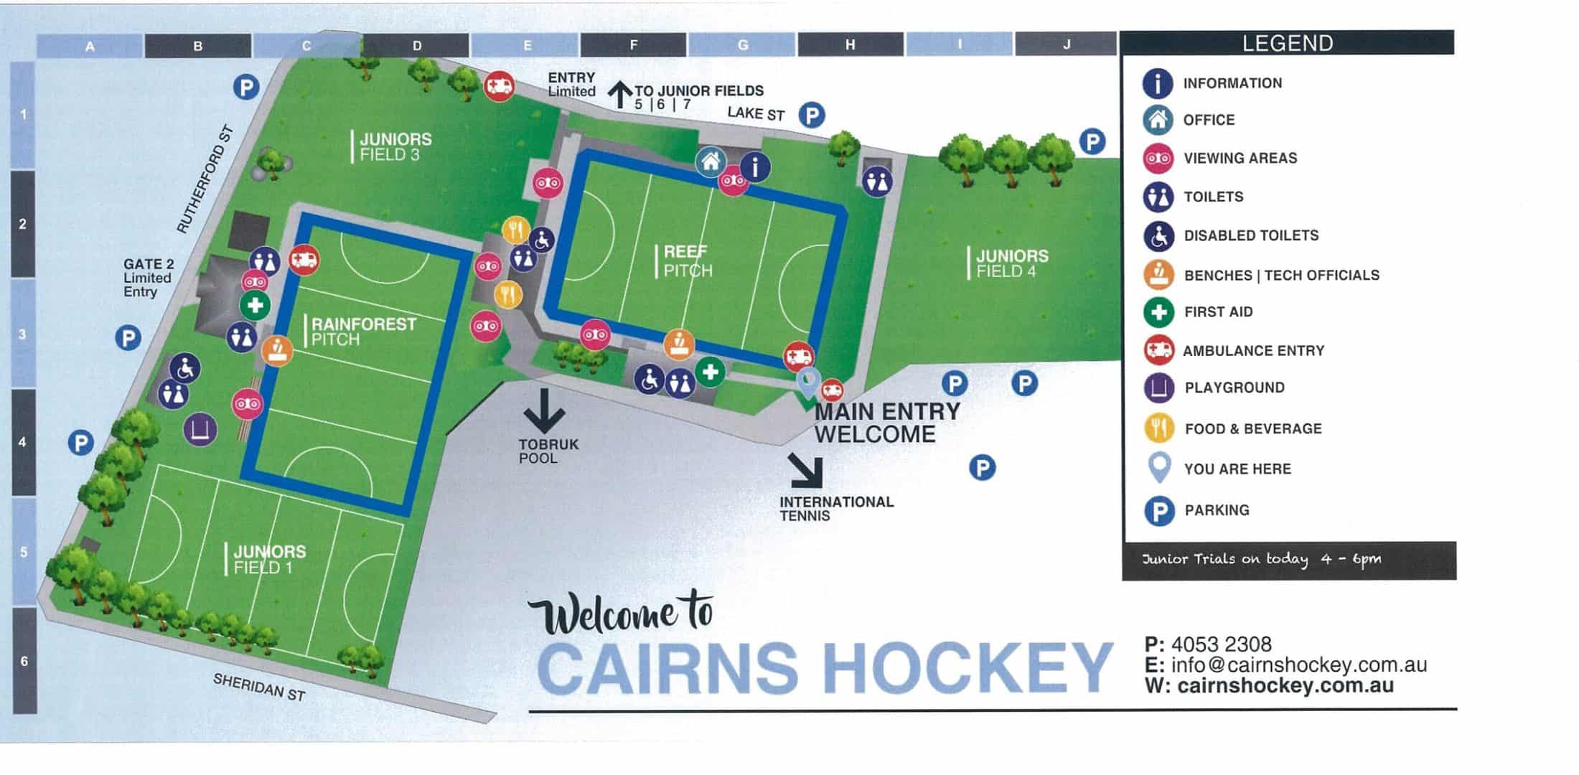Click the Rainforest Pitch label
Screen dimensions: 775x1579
[363, 332]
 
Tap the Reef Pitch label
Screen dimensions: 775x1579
[688, 261]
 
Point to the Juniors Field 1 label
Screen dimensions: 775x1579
[269, 560]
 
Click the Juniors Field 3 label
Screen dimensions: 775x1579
[395, 147]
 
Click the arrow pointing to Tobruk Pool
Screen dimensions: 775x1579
[543, 410]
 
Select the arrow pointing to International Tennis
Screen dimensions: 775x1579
[805, 469]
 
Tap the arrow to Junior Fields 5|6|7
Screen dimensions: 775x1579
[620, 94]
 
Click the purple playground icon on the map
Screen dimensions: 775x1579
[200, 429]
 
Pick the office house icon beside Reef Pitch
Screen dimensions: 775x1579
[711, 161]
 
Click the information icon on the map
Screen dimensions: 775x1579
[754, 166]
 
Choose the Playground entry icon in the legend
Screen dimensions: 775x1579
[1158, 388]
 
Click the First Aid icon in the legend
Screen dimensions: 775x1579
[1158, 312]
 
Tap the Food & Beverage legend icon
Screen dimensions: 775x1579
[1158, 428]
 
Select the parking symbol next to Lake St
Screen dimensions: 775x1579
[812, 115]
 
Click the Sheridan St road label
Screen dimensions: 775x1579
[259, 687]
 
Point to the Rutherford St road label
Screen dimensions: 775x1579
[205, 179]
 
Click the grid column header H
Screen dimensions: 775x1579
[850, 45]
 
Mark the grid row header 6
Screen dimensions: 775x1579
[24, 661]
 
